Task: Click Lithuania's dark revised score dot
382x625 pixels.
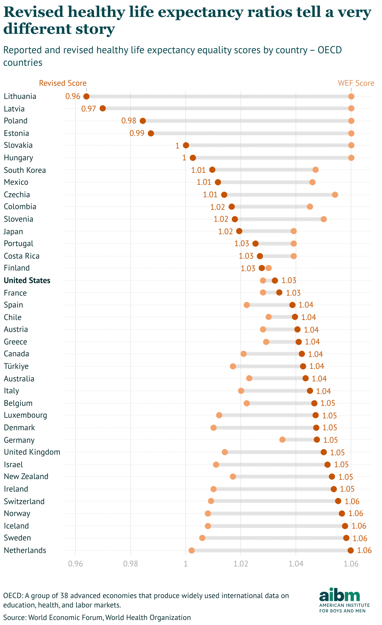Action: [x=86, y=96]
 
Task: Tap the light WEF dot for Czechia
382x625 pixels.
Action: [x=335, y=195]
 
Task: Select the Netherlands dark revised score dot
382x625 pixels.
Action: [x=350, y=550]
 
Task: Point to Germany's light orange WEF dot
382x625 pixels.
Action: [x=282, y=440]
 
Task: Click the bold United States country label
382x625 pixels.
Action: [x=27, y=281]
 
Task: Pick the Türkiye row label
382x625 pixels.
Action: [x=16, y=366]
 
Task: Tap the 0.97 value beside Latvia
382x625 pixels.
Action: [x=89, y=109]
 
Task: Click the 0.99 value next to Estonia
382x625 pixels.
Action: [x=137, y=133]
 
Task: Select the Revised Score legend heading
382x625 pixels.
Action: [x=63, y=83]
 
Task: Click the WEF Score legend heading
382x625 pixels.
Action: [x=356, y=83]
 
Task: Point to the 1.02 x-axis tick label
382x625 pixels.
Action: [x=241, y=564]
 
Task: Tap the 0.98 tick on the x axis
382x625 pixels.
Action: [x=131, y=564]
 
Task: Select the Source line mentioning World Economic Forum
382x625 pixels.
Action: [x=97, y=617]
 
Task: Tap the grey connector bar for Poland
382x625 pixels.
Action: [x=247, y=121]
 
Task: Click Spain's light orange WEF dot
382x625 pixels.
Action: [x=246, y=305]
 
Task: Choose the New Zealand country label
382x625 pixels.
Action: [x=26, y=477]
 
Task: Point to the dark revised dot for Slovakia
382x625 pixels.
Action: [x=186, y=145]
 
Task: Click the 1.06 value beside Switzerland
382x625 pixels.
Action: [x=352, y=502]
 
